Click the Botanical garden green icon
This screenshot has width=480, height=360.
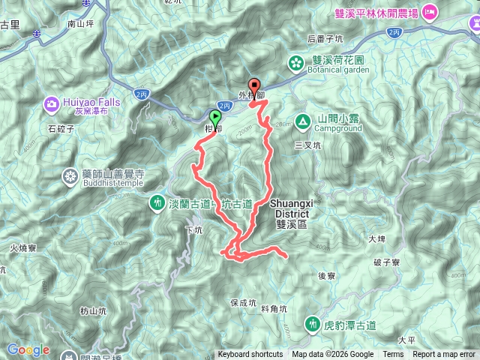coord(297,63)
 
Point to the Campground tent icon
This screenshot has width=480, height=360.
coord(302,119)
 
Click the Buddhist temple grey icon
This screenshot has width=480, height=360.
coord(70,177)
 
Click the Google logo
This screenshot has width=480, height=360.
coord(28,349)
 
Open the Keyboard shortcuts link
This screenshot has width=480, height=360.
coord(250,355)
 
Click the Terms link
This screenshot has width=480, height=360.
coord(393,355)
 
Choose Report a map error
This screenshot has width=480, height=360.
coord(445,355)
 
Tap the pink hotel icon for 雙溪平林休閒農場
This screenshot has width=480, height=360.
coord(430,11)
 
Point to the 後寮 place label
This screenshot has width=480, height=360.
coord(325,275)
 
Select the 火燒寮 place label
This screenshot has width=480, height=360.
coord(23,246)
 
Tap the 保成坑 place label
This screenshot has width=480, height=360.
coord(244,303)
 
